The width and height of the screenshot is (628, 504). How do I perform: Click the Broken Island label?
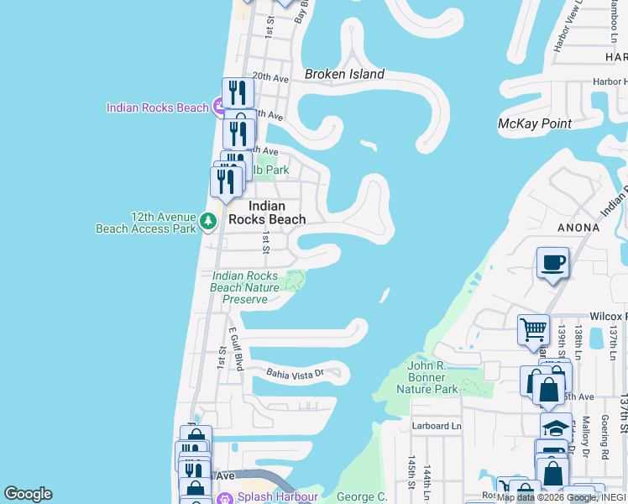(x=344, y=74)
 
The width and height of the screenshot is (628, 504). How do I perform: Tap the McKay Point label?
(x=535, y=123)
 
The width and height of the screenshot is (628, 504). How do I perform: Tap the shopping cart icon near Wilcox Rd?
(x=533, y=330)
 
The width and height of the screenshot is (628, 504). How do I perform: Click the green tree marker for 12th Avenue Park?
(x=208, y=223)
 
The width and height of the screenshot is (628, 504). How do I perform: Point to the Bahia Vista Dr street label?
(x=295, y=372)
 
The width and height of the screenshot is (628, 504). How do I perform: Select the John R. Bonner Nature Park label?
(x=432, y=377)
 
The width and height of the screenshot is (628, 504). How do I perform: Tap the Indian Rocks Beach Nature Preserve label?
(x=244, y=287)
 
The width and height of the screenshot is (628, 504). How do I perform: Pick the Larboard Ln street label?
(x=437, y=426)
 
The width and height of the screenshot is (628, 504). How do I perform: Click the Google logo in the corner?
(x=28, y=494)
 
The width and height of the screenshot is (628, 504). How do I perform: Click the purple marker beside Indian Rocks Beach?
(x=219, y=106)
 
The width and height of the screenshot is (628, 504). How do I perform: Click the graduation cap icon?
(x=555, y=428)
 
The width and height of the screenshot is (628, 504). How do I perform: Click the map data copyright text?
(x=561, y=497)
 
